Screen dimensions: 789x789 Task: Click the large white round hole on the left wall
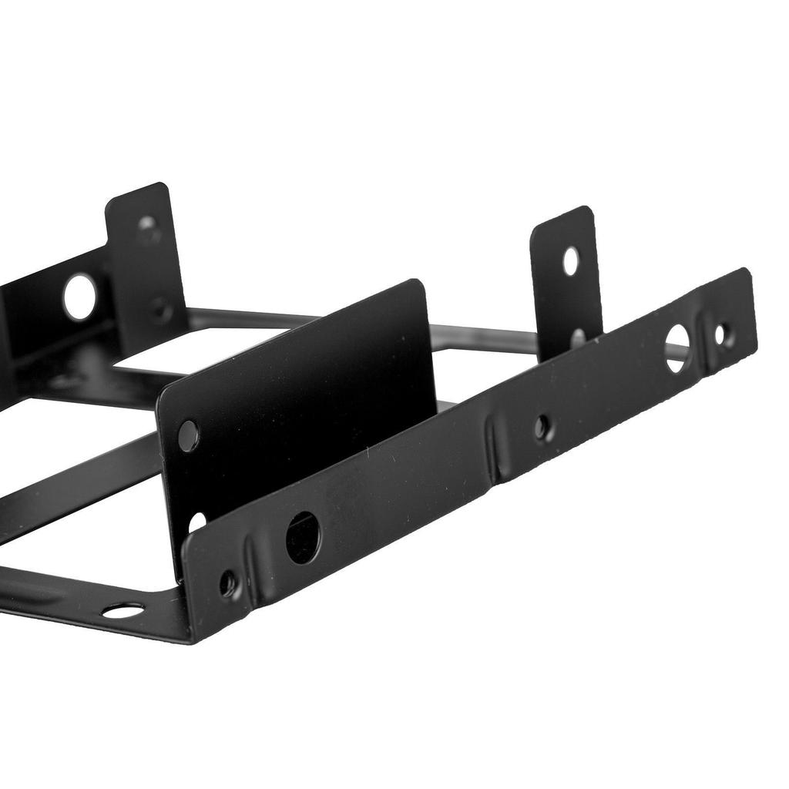tap(79, 297)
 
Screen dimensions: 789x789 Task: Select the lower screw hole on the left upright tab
tap(160, 310)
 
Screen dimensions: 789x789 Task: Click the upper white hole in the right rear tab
tap(570, 262)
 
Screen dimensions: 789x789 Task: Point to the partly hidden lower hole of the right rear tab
tap(577, 337)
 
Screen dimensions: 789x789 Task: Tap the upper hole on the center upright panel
tap(187, 436)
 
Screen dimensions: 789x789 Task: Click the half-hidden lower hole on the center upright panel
tap(196, 522)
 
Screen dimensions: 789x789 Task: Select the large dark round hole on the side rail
tap(303, 537)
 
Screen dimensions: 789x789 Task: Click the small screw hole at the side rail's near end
tap(228, 584)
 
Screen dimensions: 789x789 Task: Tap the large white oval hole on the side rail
tap(677, 348)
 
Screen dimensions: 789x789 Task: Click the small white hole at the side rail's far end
tap(721, 334)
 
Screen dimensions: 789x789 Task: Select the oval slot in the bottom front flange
tap(123, 610)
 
